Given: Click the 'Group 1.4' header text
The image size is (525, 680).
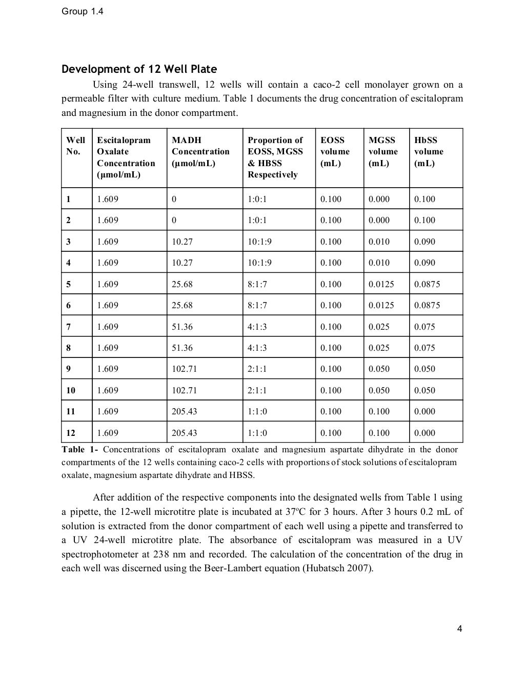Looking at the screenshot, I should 82,11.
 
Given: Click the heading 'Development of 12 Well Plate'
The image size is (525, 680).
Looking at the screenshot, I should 139,69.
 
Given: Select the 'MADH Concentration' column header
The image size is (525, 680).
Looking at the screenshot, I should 200,152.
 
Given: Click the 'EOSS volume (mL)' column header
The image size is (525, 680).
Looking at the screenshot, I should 335,152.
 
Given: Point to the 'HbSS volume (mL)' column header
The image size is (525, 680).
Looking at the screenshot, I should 429,152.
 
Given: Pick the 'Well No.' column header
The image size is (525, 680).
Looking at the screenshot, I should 75,146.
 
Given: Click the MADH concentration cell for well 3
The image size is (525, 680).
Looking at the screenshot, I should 182,242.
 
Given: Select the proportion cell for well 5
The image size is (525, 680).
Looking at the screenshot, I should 257,284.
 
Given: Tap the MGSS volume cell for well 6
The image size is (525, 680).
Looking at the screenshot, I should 381,305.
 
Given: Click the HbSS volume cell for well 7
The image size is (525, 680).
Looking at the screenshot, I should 425,327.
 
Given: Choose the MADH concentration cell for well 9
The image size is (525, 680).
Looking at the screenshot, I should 184,369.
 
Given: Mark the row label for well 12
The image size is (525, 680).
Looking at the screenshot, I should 71,433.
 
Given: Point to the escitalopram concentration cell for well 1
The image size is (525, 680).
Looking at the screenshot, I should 108,199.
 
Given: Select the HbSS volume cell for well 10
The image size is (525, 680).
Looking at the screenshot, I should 425,390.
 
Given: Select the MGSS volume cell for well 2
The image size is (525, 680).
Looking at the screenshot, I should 379,221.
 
